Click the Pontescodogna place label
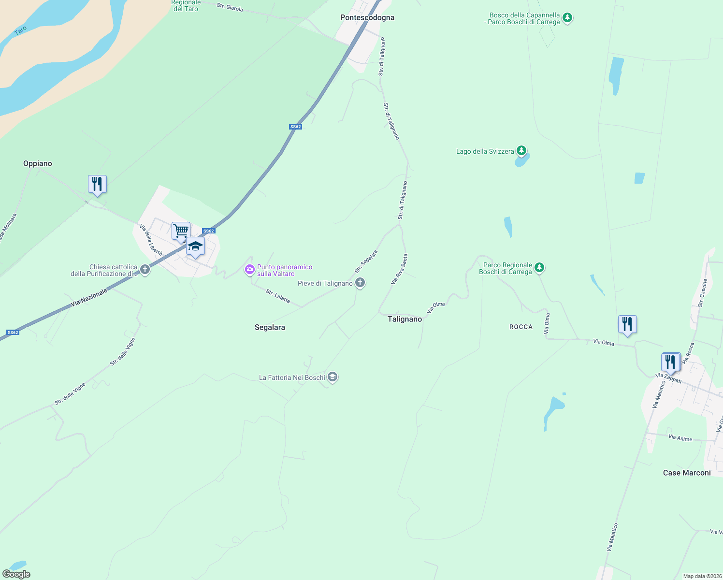pyautogui.click(x=367, y=17)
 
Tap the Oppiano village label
pyautogui.click(x=38, y=163)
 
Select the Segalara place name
pyautogui.click(x=270, y=327)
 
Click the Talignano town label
pyautogui.click(x=405, y=319)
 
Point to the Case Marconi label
pyautogui.click(x=687, y=473)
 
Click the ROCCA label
pyautogui.click(x=521, y=327)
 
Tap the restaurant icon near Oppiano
pyautogui.click(x=97, y=184)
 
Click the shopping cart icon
pyautogui.click(x=181, y=231)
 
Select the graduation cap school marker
pyautogui.click(x=195, y=246)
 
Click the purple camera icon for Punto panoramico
pyautogui.click(x=250, y=270)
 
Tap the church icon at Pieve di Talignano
pyautogui.click(x=360, y=283)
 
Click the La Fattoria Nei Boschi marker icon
pyautogui.click(x=332, y=377)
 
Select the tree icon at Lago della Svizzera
pyautogui.click(x=521, y=151)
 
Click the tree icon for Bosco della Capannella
pyautogui.click(x=567, y=18)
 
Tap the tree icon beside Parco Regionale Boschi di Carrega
pyautogui.click(x=539, y=267)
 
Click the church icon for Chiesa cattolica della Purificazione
pyautogui.click(x=145, y=270)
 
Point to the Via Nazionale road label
pyautogui.click(x=89, y=297)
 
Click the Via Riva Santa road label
pyautogui.click(x=399, y=269)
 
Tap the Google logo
pyautogui.click(x=16, y=574)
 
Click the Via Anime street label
pyautogui.click(x=680, y=438)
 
